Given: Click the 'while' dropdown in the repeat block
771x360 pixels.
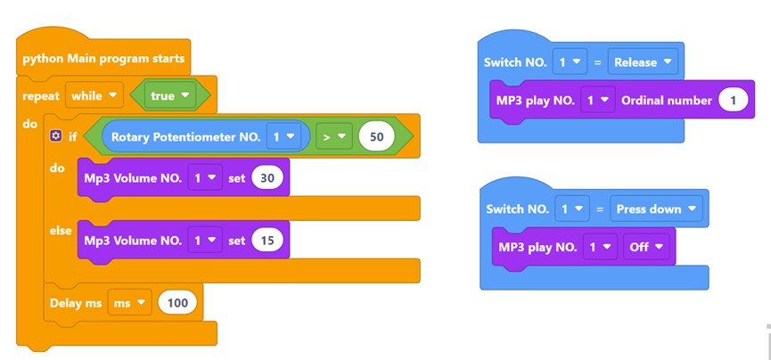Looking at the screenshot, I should [x=94, y=95].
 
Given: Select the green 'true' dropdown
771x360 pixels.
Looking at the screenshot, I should [x=170, y=95].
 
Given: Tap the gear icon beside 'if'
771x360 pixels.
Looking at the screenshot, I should [x=56, y=136].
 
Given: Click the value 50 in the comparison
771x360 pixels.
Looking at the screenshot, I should [x=376, y=137].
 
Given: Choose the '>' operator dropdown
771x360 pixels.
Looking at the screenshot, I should [x=333, y=137].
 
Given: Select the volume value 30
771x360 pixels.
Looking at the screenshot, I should [x=267, y=178].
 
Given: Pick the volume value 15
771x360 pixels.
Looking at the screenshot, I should [x=267, y=240].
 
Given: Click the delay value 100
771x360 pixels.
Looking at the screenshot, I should [x=177, y=303].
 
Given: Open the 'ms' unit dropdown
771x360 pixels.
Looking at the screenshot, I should [x=129, y=303].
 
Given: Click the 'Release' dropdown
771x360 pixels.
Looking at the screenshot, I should [x=643, y=62].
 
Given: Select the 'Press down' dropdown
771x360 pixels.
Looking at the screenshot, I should [x=655, y=209].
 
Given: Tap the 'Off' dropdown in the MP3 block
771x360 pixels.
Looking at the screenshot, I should [x=646, y=247].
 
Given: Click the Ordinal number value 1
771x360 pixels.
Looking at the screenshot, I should [x=734, y=101].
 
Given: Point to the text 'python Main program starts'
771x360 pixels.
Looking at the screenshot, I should [x=103, y=59].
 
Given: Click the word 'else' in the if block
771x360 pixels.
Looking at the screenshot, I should [x=61, y=231].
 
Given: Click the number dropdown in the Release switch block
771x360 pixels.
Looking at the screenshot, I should [x=568, y=62].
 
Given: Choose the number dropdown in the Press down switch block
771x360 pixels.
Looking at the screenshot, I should [x=570, y=209].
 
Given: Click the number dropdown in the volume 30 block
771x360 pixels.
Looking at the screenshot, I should [x=205, y=178].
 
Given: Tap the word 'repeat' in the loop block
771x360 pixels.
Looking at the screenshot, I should [x=41, y=95].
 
